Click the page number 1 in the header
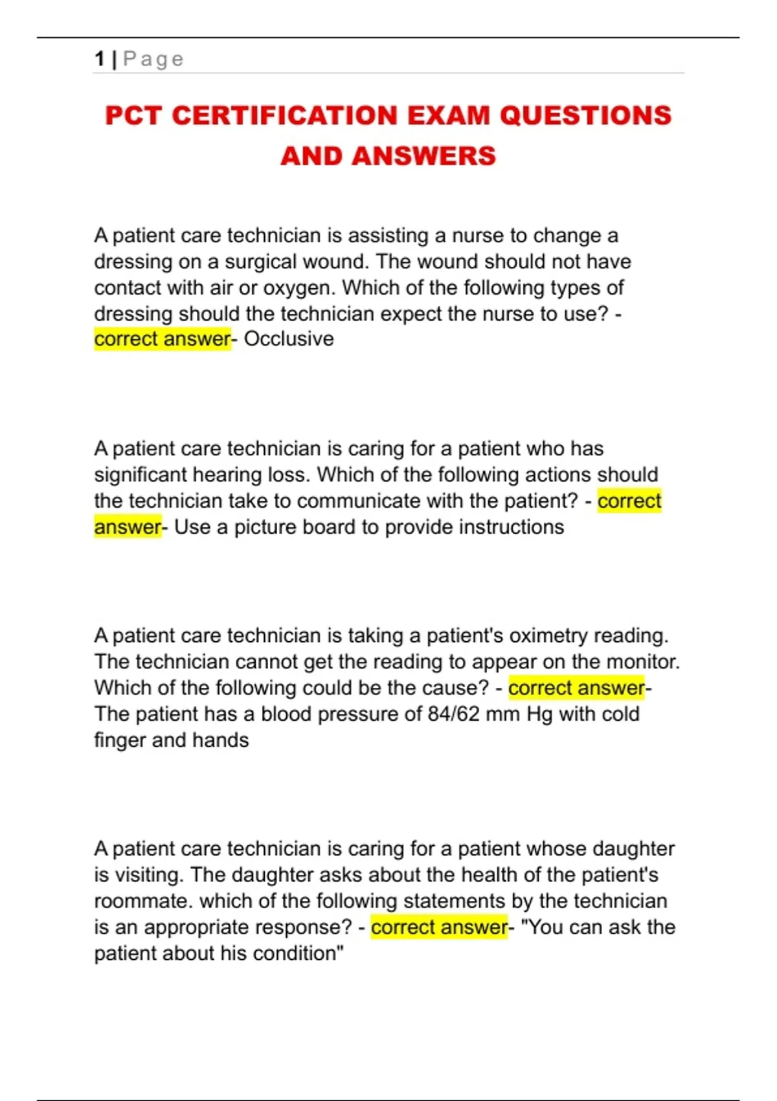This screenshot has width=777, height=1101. click(x=99, y=59)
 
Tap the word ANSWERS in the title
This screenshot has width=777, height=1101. click(x=424, y=156)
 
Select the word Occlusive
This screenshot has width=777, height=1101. click(x=289, y=339)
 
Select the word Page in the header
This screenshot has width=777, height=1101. click(x=153, y=59)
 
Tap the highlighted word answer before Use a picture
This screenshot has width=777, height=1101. click(x=127, y=527)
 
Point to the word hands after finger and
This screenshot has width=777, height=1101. click(x=220, y=740)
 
